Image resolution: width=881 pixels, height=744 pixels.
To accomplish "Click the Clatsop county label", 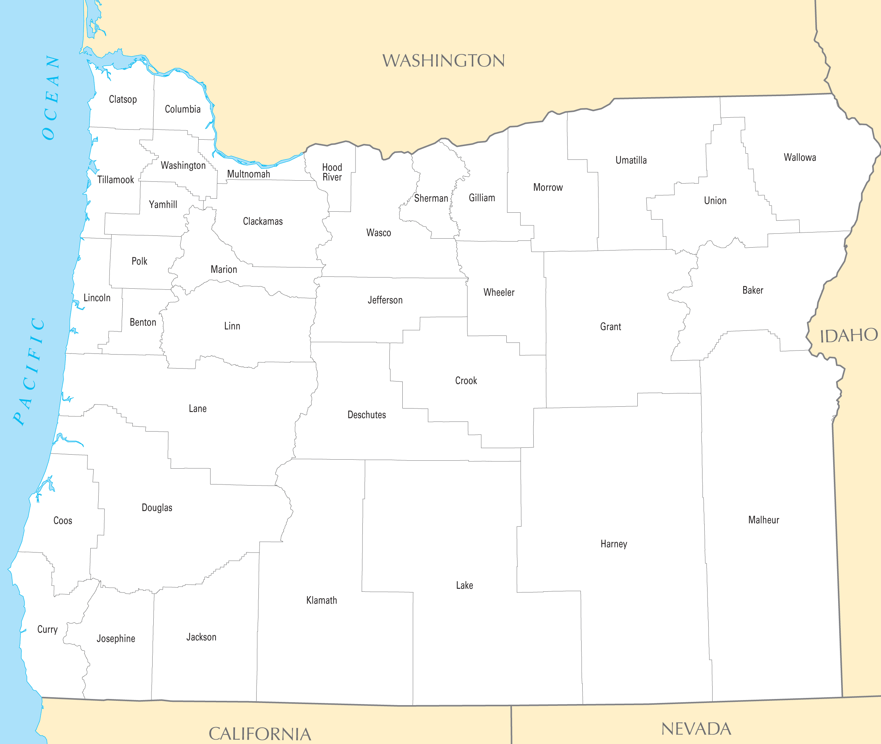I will point(123,100).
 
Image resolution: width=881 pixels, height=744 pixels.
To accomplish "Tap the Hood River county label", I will point(332,172).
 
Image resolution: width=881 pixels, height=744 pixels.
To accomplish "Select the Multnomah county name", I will point(248,174).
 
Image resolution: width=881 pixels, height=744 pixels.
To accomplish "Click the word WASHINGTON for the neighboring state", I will point(443,61).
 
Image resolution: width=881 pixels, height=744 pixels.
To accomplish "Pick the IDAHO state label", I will point(848,336).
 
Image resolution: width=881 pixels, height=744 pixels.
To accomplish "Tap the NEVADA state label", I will point(696,729).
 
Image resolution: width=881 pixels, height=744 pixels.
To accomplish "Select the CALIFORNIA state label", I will point(260,734).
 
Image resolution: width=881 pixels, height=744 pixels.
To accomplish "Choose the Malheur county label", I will point(763,520).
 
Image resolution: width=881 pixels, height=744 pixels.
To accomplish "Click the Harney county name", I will point(614,544).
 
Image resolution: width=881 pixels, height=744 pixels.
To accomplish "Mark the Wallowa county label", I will point(800,158).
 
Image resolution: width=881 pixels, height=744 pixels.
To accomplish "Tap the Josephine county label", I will point(116,639).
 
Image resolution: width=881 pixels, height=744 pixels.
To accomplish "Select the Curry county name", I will point(47,629).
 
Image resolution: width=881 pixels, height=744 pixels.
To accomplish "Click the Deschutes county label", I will point(366,415).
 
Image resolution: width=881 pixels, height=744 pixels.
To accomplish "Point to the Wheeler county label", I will point(499,293).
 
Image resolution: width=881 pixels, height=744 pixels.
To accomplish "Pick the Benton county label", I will point(143,323).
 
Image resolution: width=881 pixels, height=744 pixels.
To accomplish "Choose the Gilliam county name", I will point(482,198).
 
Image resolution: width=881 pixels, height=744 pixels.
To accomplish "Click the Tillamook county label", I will point(116,180).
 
